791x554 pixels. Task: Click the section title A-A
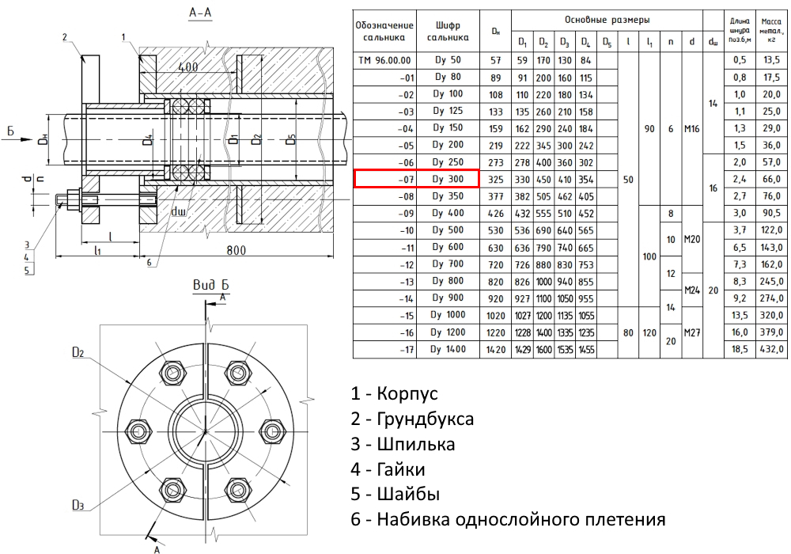(200, 12)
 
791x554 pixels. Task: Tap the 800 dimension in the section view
(236, 250)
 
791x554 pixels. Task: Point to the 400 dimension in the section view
(187, 66)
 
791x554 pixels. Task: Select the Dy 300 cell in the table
(448, 179)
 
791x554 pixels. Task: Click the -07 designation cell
(406, 180)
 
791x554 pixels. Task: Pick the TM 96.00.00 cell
(384, 61)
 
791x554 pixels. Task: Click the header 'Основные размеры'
(607, 21)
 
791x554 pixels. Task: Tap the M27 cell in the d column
(691, 332)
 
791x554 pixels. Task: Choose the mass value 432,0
(771, 349)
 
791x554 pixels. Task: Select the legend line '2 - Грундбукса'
(412, 419)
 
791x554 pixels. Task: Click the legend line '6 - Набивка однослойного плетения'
(508, 518)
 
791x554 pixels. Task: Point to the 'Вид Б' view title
(211, 285)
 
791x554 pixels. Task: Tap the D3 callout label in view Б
(78, 505)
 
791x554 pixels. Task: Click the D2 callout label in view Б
(78, 352)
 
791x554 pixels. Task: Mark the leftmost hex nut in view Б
(137, 431)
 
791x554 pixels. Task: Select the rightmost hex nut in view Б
(273, 431)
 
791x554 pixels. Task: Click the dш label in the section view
(179, 211)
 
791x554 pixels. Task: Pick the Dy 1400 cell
(448, 349)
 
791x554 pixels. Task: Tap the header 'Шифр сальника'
(448, 31)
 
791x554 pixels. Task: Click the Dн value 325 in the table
(495, 180)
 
